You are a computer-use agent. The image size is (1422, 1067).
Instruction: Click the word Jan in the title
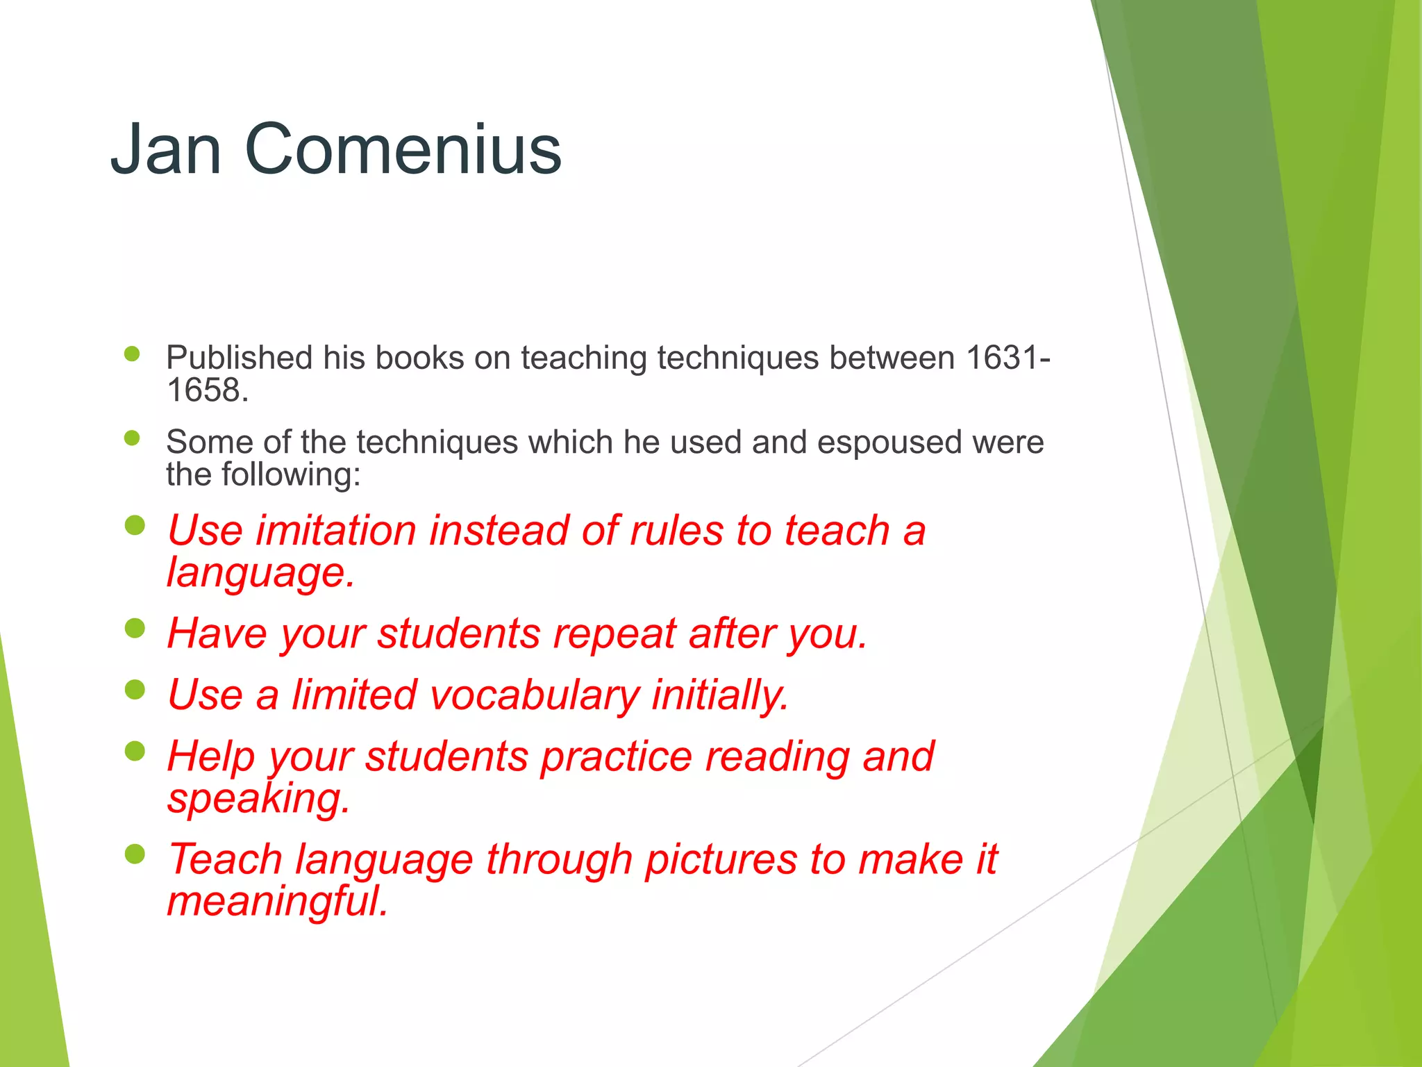(166, 149)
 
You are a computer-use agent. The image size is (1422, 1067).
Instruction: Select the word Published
(239, 358)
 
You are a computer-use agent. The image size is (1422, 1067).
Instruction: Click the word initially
(720, 695)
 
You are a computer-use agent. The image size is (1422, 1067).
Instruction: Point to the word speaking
(258, 799)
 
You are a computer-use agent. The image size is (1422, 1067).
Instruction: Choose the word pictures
(720, 860)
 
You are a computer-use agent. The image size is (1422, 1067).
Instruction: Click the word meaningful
(277, 902)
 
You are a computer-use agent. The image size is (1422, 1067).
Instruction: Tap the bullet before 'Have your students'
(135, 629)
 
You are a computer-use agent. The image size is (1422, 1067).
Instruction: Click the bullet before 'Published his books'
(132, 354)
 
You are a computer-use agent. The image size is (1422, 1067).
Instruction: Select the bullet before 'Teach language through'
(135, 854)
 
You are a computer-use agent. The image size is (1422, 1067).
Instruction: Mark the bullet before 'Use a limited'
(135, 690)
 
